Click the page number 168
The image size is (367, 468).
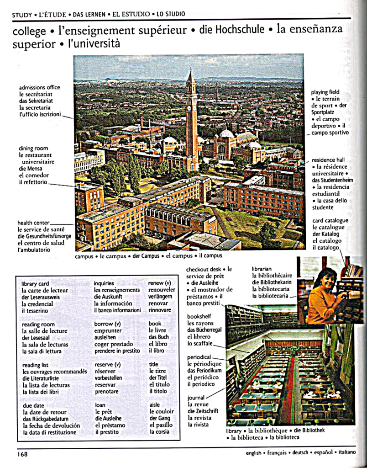[x=22, y=454]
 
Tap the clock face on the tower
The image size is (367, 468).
[x=189, y=108]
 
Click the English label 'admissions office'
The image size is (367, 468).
[x=39, y=87]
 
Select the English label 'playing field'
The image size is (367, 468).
[x=325, y=92]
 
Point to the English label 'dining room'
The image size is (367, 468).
[x=33, y=149]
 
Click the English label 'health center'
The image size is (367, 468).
[x=35, y=223]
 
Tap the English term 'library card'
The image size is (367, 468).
[x=35, y=284]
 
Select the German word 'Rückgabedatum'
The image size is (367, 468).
[x=46, y=419]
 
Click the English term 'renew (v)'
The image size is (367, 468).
[x=159, y=283]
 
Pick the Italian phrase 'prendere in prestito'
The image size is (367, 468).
[x=117, y=351]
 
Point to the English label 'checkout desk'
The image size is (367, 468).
[x=203, y=270]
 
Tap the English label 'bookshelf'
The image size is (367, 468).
[x=200, y=316]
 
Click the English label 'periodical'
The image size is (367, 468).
[x=199, y=357]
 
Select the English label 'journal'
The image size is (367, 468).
[x=196, y=398]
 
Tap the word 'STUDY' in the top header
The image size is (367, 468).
[x=22, y=15]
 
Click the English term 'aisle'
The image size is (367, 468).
[x=154, y=404]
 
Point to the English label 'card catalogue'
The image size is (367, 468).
[x=330, y=221]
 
